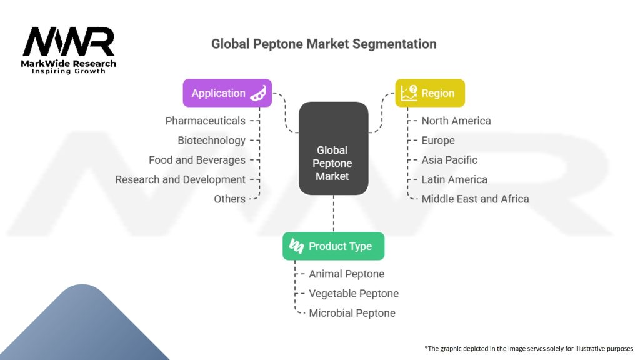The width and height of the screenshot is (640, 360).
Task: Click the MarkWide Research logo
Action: coord(69,50)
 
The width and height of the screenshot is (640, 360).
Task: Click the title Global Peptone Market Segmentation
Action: coord(324,44)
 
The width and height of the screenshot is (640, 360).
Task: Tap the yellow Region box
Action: coord(430,93)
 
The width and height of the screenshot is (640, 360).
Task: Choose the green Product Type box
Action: coord(333,246)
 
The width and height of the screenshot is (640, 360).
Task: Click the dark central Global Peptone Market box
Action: coord(333,149)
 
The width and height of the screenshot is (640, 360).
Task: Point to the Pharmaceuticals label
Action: coord(205,121)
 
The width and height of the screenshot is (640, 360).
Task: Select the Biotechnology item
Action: coord(211,141)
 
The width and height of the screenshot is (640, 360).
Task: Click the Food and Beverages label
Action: coord(197,160)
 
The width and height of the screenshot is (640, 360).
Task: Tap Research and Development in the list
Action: coord(180,179)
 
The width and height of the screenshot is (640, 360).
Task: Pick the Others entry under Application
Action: coord(229,199)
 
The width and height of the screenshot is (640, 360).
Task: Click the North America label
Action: coord(456,121)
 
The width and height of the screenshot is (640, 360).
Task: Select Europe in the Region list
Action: coord(438,141)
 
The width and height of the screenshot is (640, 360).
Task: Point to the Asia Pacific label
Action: coord(449,160)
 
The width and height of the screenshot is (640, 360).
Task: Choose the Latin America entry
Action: coord(454,179)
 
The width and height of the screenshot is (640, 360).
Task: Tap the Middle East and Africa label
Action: coord(475,199)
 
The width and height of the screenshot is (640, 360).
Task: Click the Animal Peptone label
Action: coord(346,274)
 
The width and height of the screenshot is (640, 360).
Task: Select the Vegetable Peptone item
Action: coord(353,293)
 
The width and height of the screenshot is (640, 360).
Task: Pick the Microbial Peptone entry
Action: coord(352,313)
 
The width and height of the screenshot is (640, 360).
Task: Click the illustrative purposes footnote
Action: coord(529,348)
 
